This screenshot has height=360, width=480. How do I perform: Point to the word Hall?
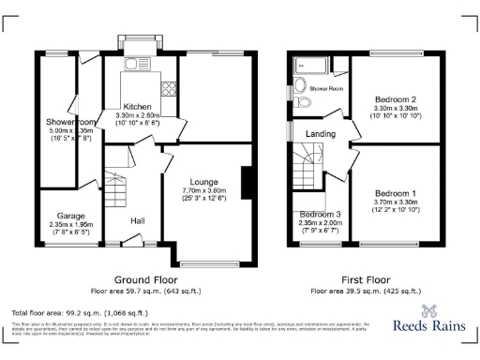pos(138,220)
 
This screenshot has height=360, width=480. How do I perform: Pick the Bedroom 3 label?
pos(320,214)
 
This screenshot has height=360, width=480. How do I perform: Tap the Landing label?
pos(322,134)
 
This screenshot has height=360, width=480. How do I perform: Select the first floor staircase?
pos(306,174)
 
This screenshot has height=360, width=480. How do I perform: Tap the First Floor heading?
pos(366,279)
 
